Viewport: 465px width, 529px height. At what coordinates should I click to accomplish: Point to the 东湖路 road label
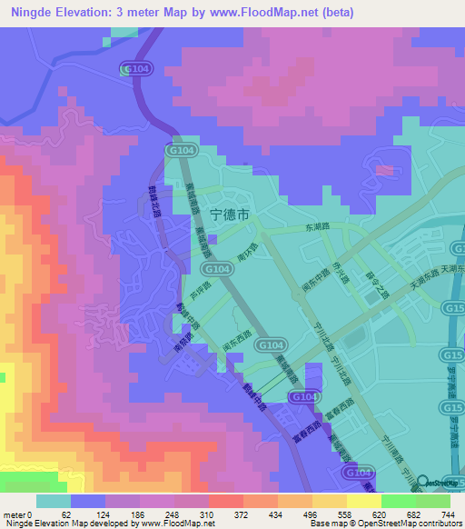317,227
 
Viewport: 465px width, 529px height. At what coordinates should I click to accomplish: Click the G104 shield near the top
131,68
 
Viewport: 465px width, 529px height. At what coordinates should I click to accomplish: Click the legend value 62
65,514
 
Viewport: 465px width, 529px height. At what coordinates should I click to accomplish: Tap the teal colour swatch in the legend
53,501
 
